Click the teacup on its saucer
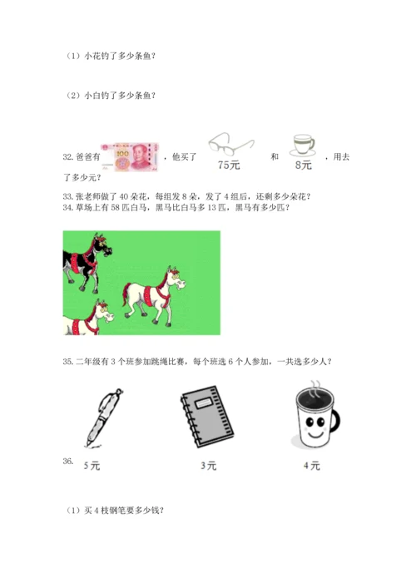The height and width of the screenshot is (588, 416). (x=302, y=146)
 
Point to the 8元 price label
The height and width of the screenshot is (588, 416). (x=304, y=165)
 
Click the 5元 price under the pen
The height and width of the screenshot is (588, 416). (x=92, y=466)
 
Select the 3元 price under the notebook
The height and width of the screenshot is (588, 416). (x=209, y=466)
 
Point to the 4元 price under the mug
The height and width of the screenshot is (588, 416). (x=312, y=466)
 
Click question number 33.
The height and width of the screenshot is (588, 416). (x=68, y=196)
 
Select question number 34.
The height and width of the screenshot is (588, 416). (x=68, y=208)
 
